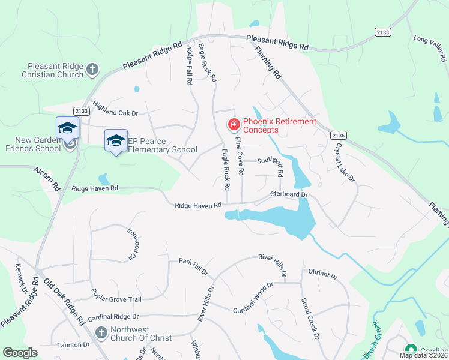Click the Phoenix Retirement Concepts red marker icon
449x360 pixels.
233,125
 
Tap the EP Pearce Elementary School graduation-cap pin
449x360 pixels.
116,140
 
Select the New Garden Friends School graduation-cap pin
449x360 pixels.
67,127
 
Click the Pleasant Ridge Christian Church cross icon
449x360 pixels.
92,70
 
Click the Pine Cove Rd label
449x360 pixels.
240,155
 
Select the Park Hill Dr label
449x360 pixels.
193,266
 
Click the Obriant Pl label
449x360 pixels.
323,274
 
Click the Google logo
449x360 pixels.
20,353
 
